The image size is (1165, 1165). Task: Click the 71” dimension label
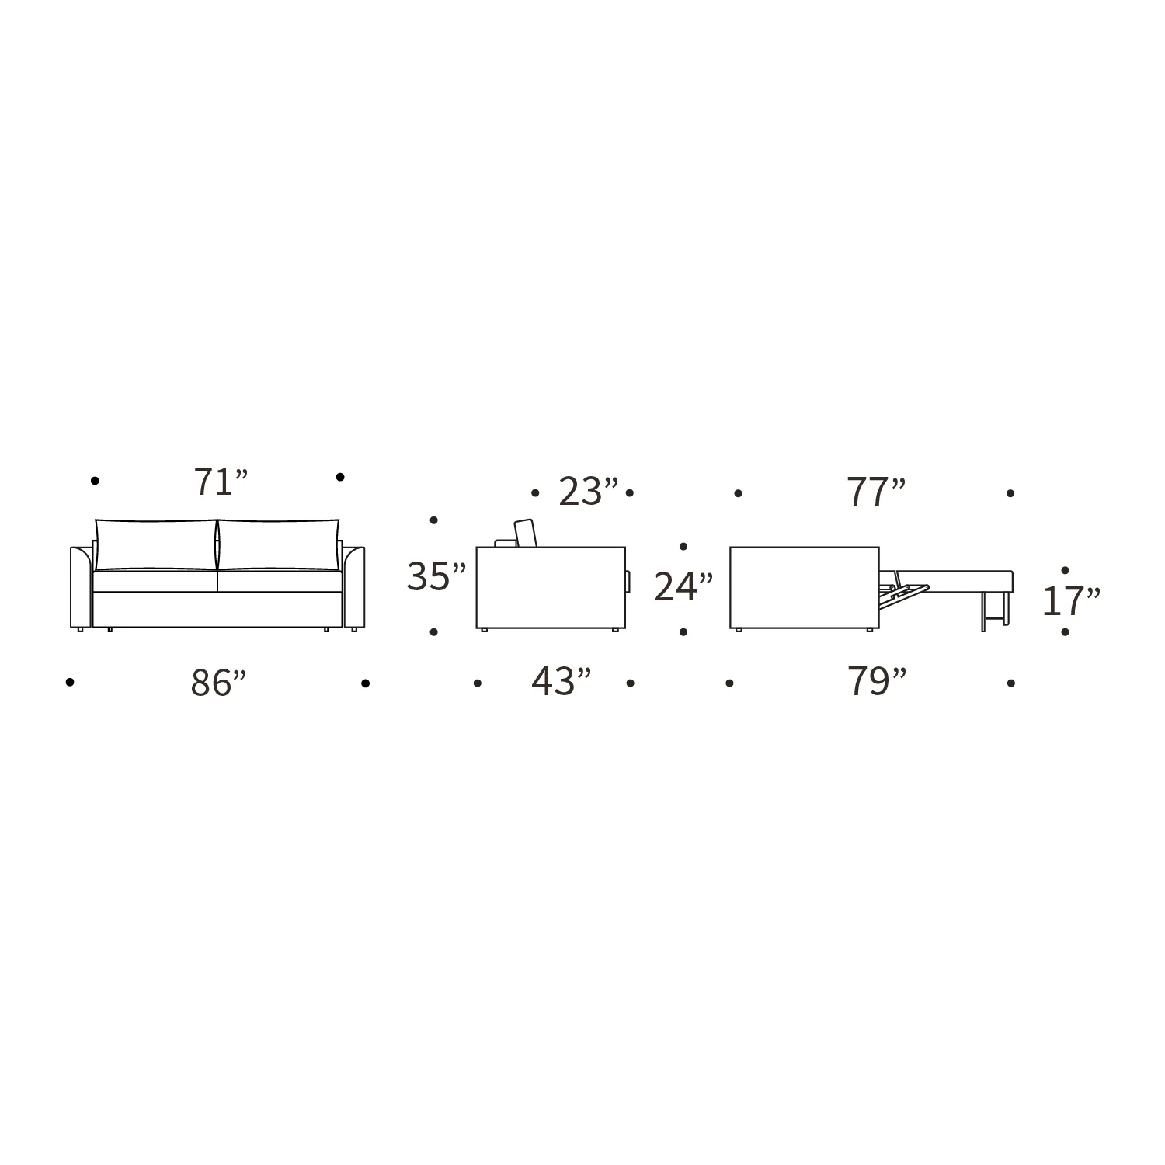[x=221, y=482]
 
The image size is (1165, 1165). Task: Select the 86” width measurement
[x=219, y=683]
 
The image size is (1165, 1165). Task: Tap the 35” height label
[x=436, y=577]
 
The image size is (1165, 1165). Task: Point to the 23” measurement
[x=589, y=492]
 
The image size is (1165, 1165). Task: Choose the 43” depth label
[x=562, y=682]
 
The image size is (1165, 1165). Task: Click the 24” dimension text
[x=683, y=587]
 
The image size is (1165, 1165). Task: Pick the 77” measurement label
[x=877, y=492]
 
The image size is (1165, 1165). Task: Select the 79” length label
[x=877, y=682]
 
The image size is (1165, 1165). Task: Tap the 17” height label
[x=1071, y=601]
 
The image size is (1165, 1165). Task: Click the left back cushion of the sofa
[x=156, y=545]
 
